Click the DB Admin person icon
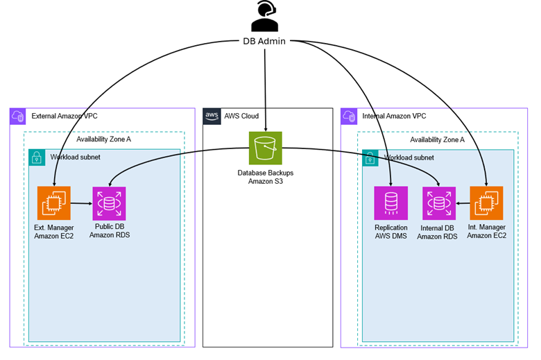(264, 17)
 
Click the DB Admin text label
(265, 42)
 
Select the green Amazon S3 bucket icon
(266, 148)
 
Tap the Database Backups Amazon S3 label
(266, 176)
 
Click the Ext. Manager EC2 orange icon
(54, 203)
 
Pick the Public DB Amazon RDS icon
(110, 203)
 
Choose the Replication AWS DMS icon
(391, 203)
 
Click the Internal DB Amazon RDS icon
(439, 203)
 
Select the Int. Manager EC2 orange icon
(486, 203)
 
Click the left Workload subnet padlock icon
(37, 157)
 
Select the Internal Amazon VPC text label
(394, 116)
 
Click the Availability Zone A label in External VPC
(103, 139)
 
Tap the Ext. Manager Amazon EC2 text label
(54, 231)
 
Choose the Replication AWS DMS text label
(391, 231)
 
